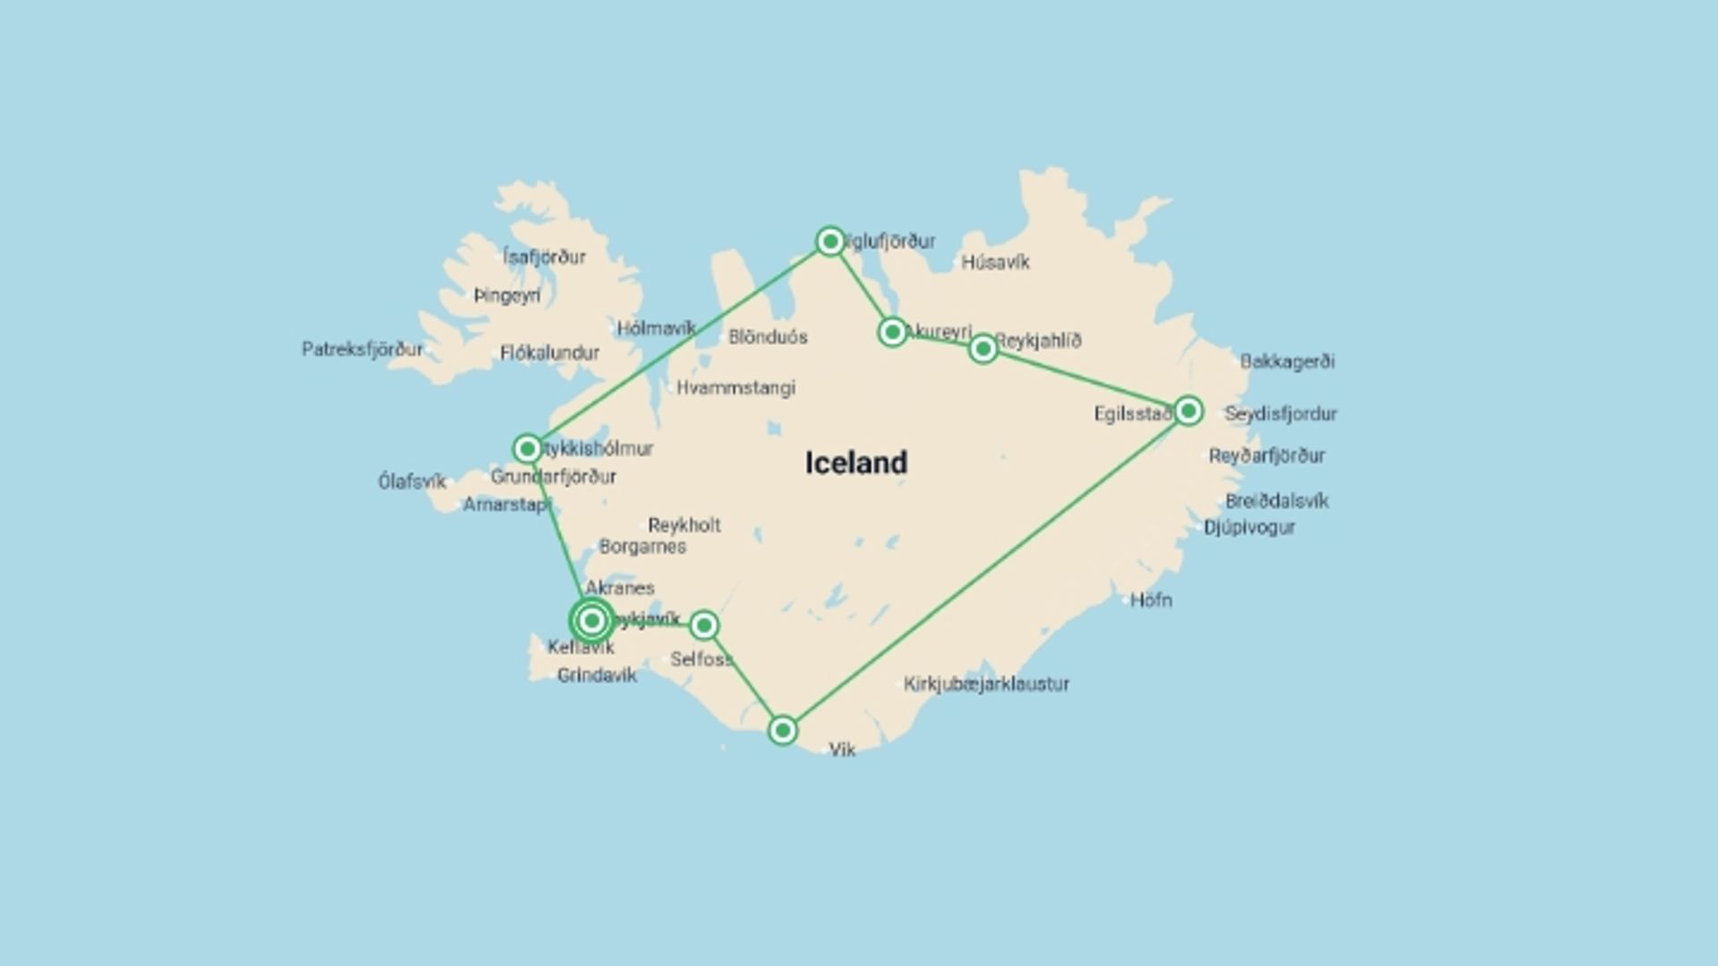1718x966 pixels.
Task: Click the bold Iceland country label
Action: tap(856, 462)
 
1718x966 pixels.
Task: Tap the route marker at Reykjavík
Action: tap(591, 620)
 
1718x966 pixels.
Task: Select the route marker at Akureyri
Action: tap(892, 333)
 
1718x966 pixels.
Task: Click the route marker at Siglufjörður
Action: tap(830, 241)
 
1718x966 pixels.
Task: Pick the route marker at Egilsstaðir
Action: tap(1188, 411)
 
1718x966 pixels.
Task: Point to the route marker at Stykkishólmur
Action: tap(527, 448)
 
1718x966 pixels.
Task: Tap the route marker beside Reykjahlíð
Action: tap(983, 349)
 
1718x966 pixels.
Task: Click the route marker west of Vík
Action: tap(783, 731)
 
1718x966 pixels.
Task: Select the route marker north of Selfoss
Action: tap(704, 625)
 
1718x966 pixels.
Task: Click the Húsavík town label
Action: tap(995, 262)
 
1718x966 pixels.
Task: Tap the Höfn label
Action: tap(1151, 600)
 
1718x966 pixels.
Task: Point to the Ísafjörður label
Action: tap(544, 257)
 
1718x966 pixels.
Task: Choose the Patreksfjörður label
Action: tap(362, 349)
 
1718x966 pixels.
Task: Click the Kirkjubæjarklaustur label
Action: tap(986, 684)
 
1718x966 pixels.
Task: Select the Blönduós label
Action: tap(768, 337)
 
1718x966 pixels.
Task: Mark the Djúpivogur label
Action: tap(1249, 527)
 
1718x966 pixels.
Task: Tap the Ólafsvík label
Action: tap(412, 481)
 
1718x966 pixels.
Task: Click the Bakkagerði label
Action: tap(1287, 361)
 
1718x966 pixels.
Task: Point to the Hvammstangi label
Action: tap(736, 387)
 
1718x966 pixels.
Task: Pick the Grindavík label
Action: tap(597, 675)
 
